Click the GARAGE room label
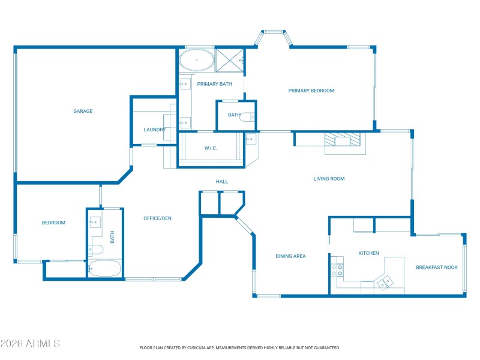(x=83, y=111)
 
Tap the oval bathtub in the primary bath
(x=196, y=61)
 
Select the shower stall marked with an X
(x=229, y=60)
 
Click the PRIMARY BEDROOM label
(x=311, y=91)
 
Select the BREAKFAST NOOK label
(x=437, y=268)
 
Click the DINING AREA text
(x=290, y=256)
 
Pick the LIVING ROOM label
(x=329, y=179)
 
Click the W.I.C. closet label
(x=211, y=148)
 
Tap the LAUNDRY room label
(x=154, y=130)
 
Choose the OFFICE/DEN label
(x=157, y=218)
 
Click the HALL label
(x=222, y=182)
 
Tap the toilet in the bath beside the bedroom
(x=97, y=249)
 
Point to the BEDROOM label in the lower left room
(x=53, y=223)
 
